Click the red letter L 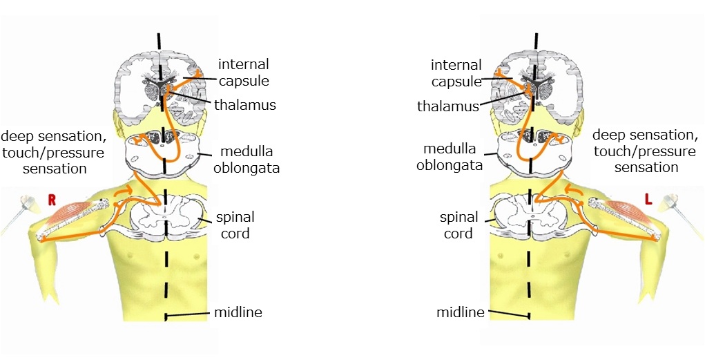click(648, 200)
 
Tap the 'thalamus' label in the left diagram click(245, 105)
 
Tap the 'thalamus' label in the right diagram click(448, 106)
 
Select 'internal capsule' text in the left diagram click(244, 73)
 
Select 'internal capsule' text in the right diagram click(456, 73)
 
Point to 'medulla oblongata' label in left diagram click(247, 160)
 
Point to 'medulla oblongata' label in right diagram click(450, 157)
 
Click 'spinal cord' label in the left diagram click(235, 225)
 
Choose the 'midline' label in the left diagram click(238, 312)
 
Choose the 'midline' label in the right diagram click(461, 312)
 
